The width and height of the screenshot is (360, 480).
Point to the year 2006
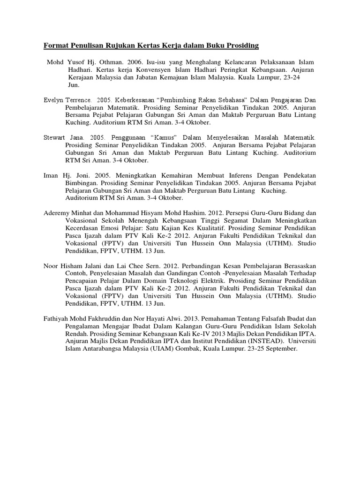(135, 62)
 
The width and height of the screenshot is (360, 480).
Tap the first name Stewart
(55, 138)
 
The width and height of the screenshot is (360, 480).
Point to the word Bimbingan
(82, 184)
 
